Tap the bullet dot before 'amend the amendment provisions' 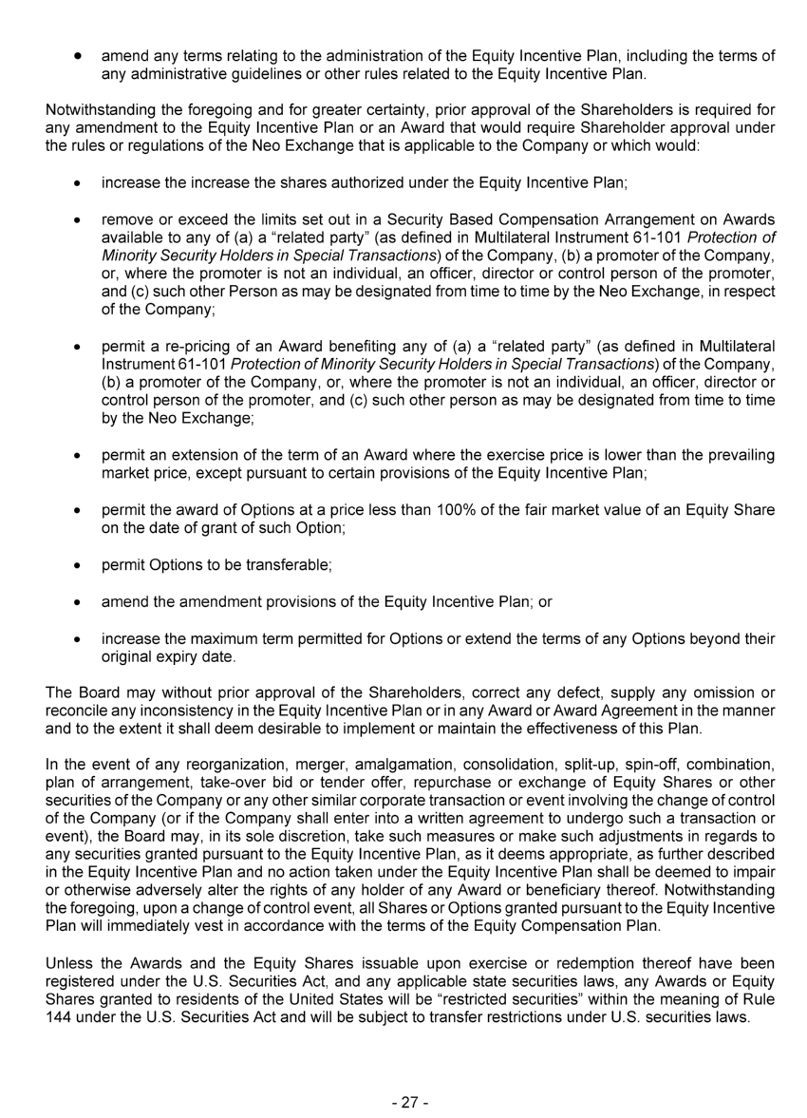pos(76,602)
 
